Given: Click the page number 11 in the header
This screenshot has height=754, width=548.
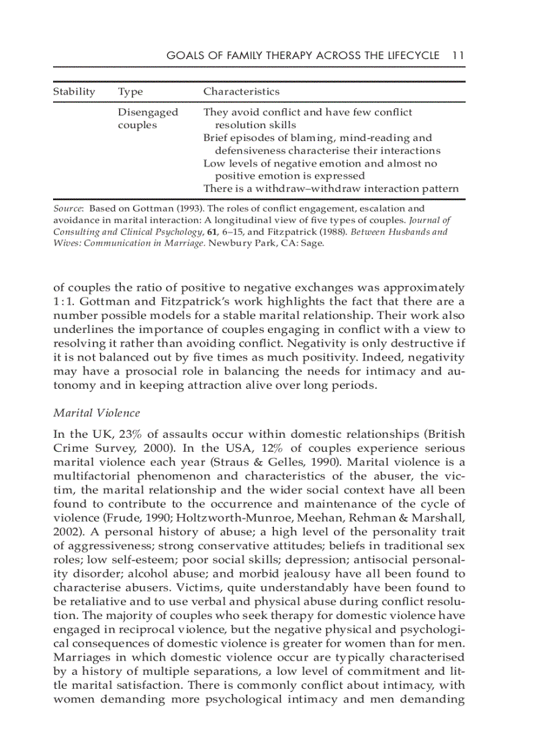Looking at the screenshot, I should tap(458, 55).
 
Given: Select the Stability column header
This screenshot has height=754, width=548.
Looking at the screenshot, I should tap(74, 91).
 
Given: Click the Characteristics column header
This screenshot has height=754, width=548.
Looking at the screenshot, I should tap(241, 91).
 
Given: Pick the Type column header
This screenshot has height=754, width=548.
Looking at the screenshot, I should tap(130, 91).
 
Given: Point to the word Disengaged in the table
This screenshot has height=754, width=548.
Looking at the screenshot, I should tap(148, 112).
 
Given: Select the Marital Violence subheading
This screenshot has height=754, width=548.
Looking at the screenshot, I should tap(96, 412).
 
